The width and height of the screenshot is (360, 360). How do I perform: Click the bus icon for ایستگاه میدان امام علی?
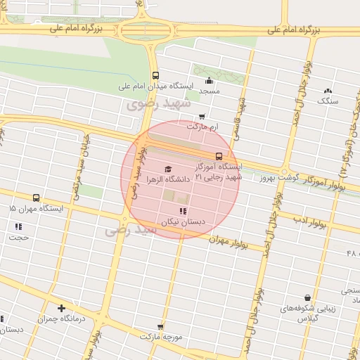(x=155, y=76)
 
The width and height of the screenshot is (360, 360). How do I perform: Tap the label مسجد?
(x=209, y=91)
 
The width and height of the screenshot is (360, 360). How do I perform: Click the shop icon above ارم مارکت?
(x=202, y=117)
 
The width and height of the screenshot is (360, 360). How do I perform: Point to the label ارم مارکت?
(x=203, y=127)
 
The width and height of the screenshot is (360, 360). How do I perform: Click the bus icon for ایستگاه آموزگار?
(x=219, y=156)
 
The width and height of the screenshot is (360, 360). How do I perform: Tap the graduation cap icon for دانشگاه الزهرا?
(x=167, y=169)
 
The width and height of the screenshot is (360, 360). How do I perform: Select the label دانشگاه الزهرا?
(x=168, y=180)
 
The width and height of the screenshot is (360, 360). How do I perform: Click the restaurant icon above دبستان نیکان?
(x=183, y=211)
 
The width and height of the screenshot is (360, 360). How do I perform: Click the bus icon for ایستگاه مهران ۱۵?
(x=36, y=198)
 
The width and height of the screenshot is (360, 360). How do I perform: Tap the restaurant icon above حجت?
(x=18, y=226)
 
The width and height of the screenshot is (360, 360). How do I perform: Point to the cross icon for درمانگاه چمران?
(x=62, y=307)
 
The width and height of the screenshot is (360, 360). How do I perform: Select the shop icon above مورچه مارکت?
(x=160, y=326)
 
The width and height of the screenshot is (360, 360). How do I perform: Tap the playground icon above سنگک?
(x=328, y=90)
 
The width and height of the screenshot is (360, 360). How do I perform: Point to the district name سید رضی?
(x=124, y=230)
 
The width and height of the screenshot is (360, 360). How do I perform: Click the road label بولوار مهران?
(x=230, y=242)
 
